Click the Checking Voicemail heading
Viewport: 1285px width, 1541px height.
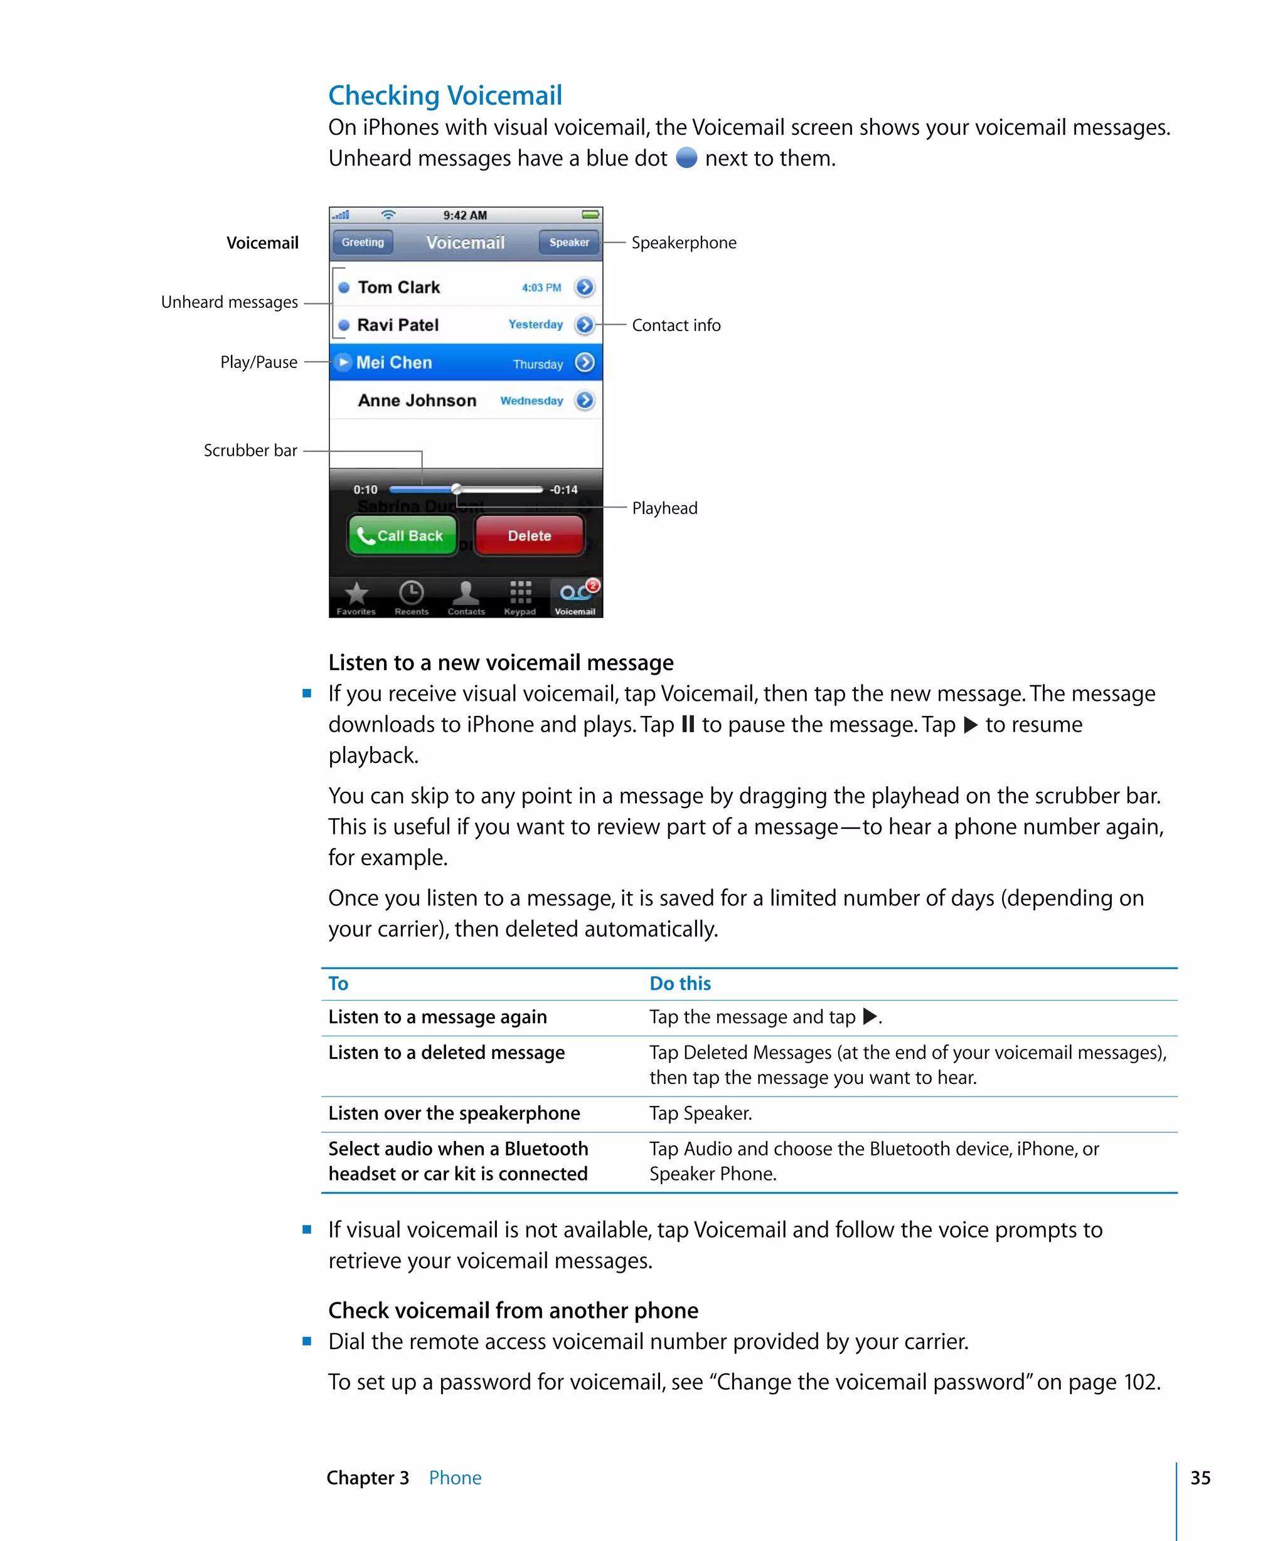point(444,95)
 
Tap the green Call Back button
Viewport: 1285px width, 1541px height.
point(402,535)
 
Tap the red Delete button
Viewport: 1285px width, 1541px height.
point(530,535)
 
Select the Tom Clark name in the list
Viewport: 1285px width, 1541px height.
point(398,287)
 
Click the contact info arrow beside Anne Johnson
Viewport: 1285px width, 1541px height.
point(585,400)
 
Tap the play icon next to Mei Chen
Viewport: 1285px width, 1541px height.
point(343,362)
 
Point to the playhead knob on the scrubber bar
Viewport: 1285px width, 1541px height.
point(456,489)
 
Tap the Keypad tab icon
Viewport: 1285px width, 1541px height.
point(520,592)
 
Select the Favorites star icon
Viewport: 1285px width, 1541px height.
point(356,593)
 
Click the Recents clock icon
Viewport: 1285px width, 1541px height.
point(411,592)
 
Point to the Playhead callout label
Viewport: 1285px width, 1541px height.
point(664,508)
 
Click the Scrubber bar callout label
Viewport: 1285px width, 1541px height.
point(250,450)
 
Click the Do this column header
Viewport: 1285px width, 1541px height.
point(680,983)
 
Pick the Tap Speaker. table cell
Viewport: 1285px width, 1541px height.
point(700,1113)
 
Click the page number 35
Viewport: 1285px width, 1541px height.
point(1200,1478)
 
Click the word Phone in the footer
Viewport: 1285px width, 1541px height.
point(456,1478)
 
